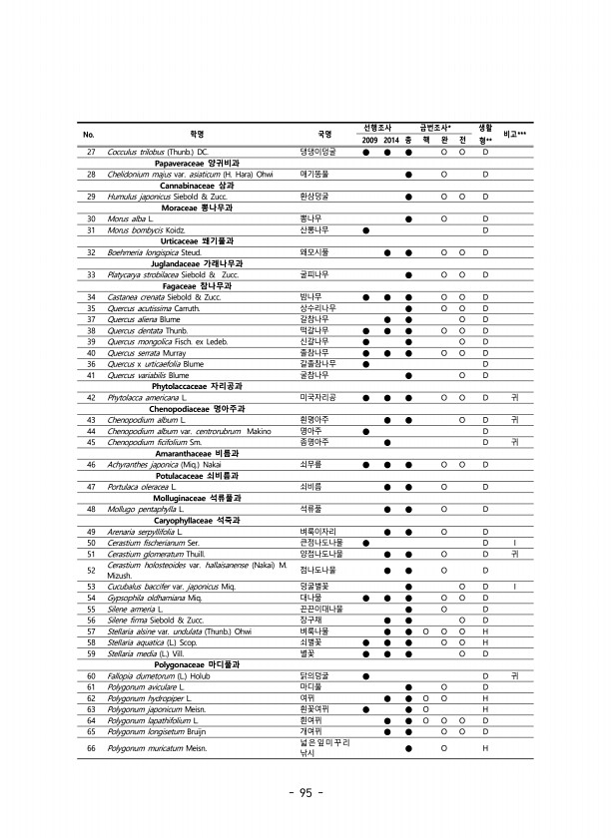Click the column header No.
coord(89,133)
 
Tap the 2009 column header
coord(369,140)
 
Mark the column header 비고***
coord(516,133)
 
